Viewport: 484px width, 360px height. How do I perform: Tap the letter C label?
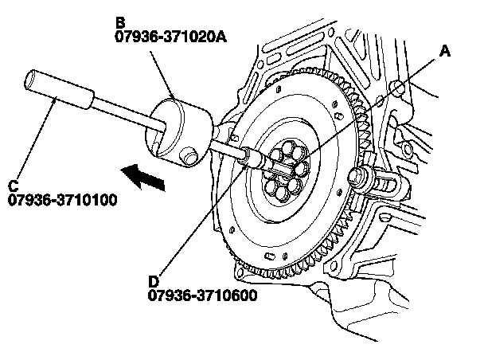point(14,186)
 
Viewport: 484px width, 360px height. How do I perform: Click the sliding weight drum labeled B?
point(179,127)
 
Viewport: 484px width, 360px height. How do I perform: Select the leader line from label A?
point(374,104)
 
